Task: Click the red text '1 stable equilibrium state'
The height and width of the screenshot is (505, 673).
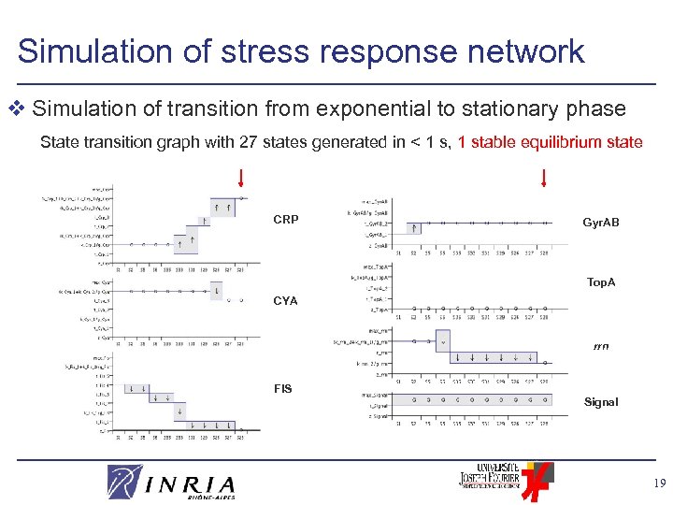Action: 550,143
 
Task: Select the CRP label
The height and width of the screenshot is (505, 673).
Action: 286,220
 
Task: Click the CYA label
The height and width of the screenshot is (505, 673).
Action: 285,300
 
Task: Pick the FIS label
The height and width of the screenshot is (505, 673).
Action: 283,388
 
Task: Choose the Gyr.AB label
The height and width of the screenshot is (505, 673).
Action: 601,223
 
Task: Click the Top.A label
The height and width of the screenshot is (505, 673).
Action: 601,281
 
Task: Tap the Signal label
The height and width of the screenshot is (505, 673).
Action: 601,402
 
